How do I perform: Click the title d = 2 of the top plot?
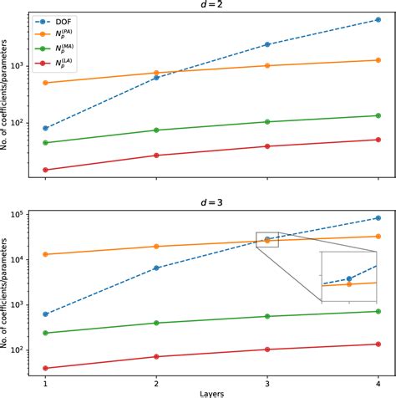coord(211,6)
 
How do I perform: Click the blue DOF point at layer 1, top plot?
coord(45,128)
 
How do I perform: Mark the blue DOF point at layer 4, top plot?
coord(378,19)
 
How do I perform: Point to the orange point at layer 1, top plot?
coord(45,83)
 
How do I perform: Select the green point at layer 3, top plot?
coord(267,122)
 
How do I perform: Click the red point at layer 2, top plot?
coord(156,156)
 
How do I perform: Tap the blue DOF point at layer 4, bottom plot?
coord(378,218)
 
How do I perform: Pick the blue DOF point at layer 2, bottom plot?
coord(156,268)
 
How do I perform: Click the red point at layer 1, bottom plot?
coord(45,368)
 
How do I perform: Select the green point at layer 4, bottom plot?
coord(378,312)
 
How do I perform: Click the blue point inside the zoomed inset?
coord(349,278)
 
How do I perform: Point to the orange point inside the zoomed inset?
coord(349,284)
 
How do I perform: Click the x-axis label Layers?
coord(211,392)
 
